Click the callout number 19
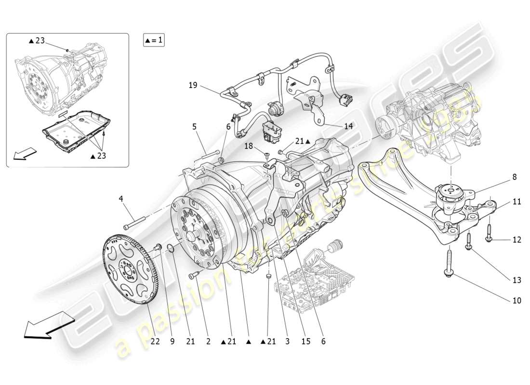(x=193, y=86)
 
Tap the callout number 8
(x=515, y=177)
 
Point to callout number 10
(x=517, y=301)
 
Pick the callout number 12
(x=517, y=239)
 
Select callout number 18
(x=248, y=146)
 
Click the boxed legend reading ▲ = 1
(x=154, y=40)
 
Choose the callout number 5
(x=194, y=127)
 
